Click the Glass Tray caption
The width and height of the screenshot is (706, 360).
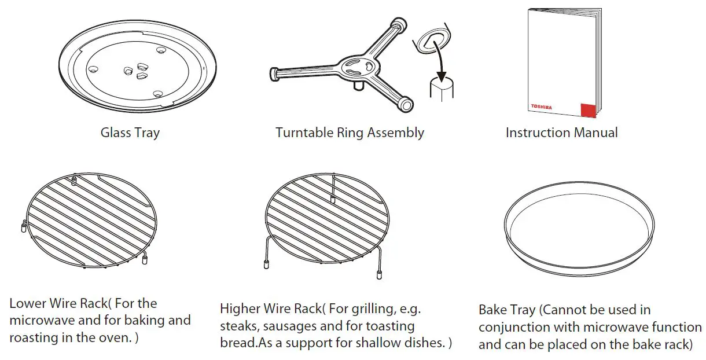(130, 133)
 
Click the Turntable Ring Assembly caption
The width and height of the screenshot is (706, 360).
(350, 133)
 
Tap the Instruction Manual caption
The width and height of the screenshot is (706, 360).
(561, 133)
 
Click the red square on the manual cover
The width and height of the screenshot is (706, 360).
(588, 110)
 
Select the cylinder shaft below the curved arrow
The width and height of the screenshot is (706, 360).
(442, 90)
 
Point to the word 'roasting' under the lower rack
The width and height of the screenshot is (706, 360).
(34, 337)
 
